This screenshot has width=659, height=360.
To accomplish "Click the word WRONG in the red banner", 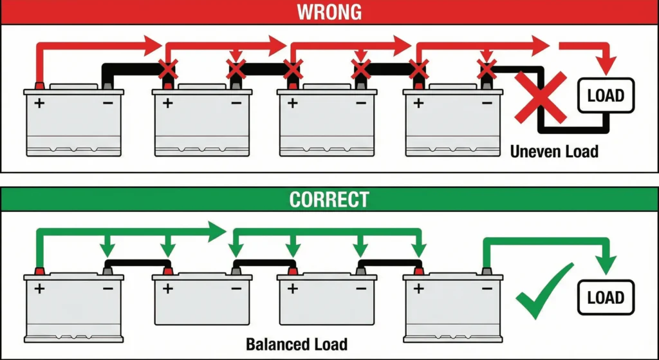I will pyautogui.click(x=329, y=12).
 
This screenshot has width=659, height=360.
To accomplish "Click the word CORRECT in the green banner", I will pyautogui.click(x=329, y=199).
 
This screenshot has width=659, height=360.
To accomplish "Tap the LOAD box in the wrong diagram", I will pyautogui.click(x=606, y=96).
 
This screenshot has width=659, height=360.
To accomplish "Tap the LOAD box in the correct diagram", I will pyautogui.click(x=606, y=298).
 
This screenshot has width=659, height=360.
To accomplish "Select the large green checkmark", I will pyautogui.click(x=543, y=291).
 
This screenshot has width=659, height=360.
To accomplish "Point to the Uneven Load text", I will pyautogui.click(x=554, y=152).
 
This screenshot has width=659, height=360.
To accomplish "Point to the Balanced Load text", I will pyautogui.click(x=297, y=344).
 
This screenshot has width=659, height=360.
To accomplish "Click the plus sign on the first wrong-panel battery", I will pyautogui.click(x=41, y=102).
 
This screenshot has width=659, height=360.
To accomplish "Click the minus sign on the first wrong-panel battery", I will pyautogui.click(x=107, y=102).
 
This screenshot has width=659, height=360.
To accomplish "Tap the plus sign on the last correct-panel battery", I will pyautogui.click(x=420, y=289).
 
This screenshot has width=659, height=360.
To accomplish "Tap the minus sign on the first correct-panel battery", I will pyautogui.click(x=107, y=289).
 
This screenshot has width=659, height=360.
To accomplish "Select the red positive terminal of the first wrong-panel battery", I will pyautogui.click(x=39, y=86).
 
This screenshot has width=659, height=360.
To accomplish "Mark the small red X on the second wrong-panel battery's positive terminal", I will pyautogui.click(x=169, y=68).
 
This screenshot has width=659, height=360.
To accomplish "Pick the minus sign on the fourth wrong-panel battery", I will pyautogui.click(x=487, y=102).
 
